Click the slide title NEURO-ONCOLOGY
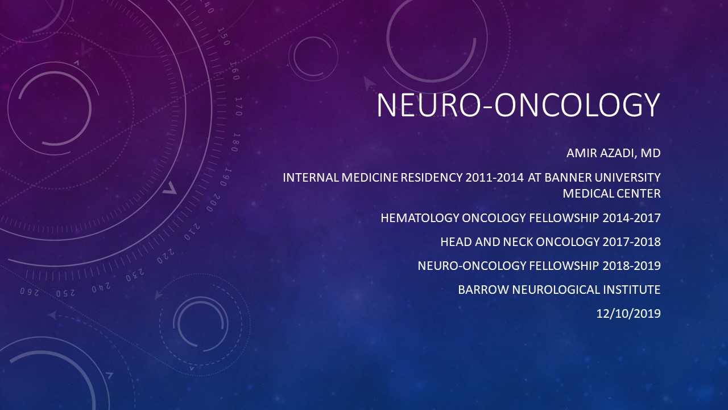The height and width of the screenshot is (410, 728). pyautogui.click(x=518, y=105)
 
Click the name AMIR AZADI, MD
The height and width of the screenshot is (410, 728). pyautogui.click(x=613, y=153)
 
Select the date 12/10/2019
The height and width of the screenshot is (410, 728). pyautogui.click(x=628, y=314)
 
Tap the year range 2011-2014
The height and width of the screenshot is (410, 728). pyautogui.click(x=494, y=178)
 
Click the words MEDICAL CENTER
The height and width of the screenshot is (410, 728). pyautogui.click(x=611, y=194)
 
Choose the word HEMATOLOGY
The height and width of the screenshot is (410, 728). pyautogui.click(x=420, y=218)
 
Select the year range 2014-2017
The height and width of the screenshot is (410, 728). pyautogui.click(x=631, y=218)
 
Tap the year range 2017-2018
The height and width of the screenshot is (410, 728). pyautogui.click(x=631, y=242)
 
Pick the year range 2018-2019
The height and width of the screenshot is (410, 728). pyautogui.click(x=631, y=266)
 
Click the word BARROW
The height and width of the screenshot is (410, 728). pyautogui.click(x=483, y=290)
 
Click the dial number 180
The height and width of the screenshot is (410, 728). pyautogui.click(x=236, y=142)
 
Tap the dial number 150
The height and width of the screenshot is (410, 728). pyautogui.click(x=224, y=36)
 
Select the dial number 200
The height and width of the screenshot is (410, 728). pyautogui.click(x=213, y=203)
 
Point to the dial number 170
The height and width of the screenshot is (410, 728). pyautogui.click(x=238, y=106)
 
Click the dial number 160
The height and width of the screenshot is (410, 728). pyautogui.click(x=234, y=71)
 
